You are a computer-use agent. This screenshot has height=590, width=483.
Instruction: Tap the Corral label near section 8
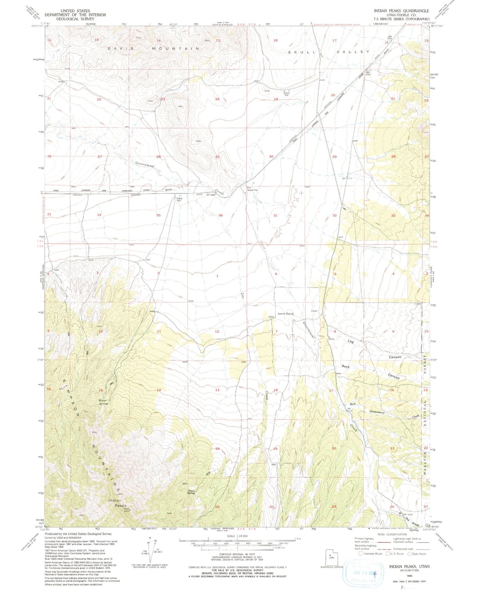[x=314, y=311]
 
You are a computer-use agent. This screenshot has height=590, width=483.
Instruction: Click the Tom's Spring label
[x=191, y=492]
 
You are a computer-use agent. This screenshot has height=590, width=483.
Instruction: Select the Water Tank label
[x=179, y=199]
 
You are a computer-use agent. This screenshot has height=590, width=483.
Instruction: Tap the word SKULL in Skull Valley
[x=299, y=52]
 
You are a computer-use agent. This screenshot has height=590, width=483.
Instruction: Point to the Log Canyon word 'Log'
[x=351, y=341]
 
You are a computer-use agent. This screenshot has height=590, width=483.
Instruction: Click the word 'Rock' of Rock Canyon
[x=346, y=366]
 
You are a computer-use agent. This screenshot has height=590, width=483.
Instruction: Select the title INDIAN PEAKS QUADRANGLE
[x=401, y=11]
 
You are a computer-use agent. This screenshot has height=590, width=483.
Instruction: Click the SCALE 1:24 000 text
[x=237, y=536]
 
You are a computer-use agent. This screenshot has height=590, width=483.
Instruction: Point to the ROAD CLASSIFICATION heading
[x=386, y=534]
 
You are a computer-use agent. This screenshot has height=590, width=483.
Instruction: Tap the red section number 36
[x=221, y=215]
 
